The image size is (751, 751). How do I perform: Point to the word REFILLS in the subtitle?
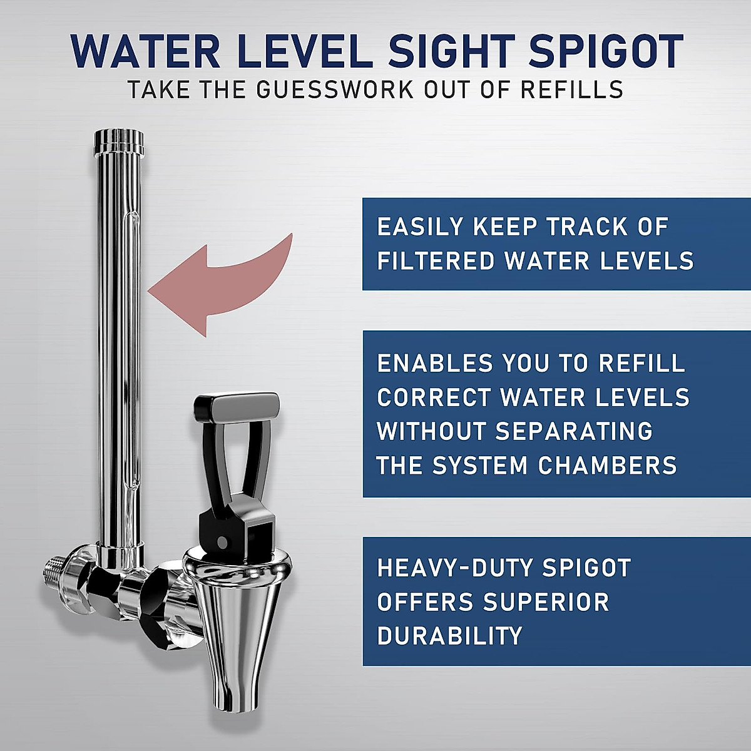click(571, 90)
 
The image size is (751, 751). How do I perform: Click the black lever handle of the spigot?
click(237, 407)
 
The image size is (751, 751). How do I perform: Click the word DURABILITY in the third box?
click(449, 636)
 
